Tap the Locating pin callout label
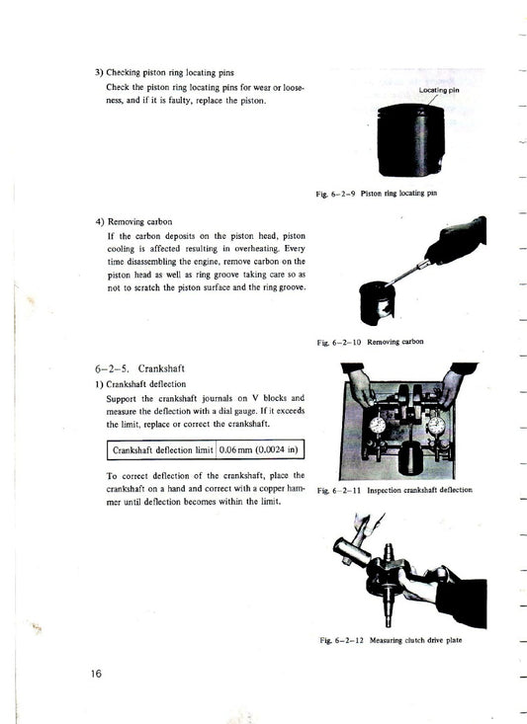pyautogui.click(x=439, y=90)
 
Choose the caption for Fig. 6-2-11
pyautogui.click(x=395, y=490)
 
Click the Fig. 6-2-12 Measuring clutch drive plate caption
pyautogui.click(x=394, y=640)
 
